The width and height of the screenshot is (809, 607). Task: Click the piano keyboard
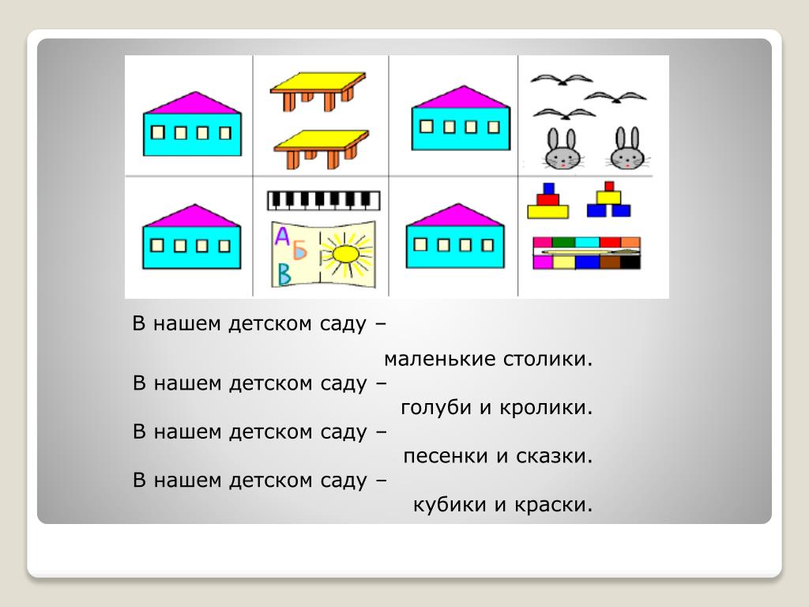324,201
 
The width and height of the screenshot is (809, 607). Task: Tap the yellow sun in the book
344,254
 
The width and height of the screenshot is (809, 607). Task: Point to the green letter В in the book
283,276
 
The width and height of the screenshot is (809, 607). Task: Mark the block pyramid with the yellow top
608,200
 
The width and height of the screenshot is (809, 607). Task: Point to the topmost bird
561,80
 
